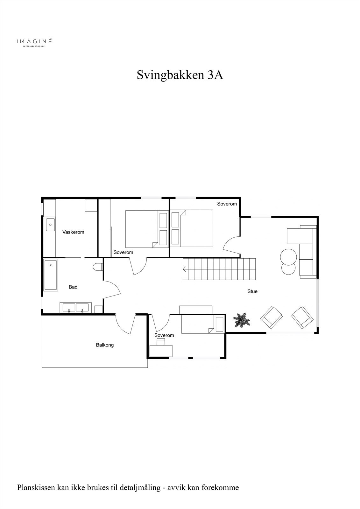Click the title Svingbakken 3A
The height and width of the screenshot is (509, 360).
180,75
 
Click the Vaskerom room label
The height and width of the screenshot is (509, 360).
73,232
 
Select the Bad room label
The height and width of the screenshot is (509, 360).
73,287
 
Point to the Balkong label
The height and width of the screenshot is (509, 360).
105,345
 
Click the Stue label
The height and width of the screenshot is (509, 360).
252,291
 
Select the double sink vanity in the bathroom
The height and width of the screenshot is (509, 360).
76,308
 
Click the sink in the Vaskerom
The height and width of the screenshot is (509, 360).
50,225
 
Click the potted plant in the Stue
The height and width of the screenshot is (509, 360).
242,320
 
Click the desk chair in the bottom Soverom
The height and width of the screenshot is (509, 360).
161,342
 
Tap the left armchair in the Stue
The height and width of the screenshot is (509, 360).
272,317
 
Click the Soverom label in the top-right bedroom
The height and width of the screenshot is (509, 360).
227,204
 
